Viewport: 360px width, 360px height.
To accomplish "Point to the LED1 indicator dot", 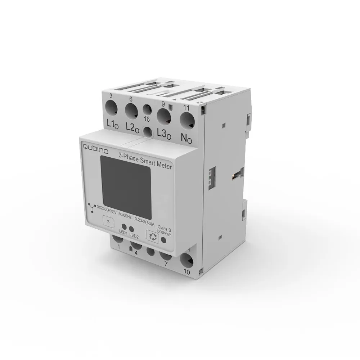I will pyautogui.click(x=123, y=227).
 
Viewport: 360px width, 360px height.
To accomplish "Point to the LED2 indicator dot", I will pyautogui.click(x=132, y=229).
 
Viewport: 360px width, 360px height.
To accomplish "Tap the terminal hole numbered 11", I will pyautogui.click(x=186, y=120).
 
